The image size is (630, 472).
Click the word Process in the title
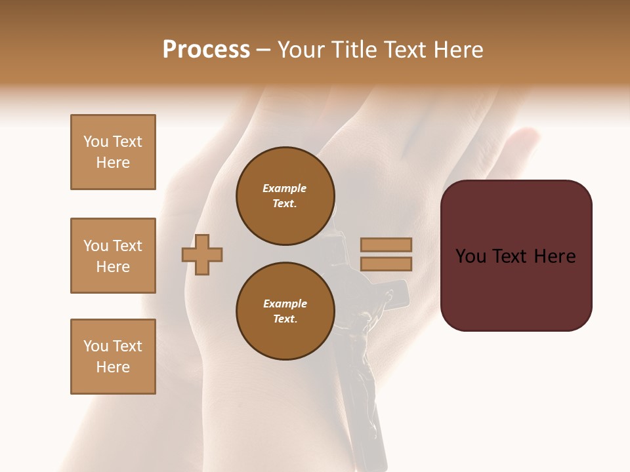(x=206, y=50)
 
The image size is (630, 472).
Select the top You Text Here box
(x=113, y=152)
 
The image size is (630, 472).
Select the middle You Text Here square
(x=113, y=256)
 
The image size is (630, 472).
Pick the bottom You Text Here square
(x=113, y=357)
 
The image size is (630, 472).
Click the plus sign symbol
(x=202, y=254)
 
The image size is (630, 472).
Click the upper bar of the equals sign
(x=386, y=245)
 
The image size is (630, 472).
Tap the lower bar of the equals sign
(x=386, y=264)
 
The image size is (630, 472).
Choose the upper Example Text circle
(x=285, y=196)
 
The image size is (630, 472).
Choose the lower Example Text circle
(x=285, y=311)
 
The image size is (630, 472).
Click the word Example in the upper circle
(x=285, y=189)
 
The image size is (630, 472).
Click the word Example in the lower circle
(x=285, y=304)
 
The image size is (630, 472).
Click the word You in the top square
(x=96, y=142)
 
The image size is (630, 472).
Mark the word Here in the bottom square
(x=113, y=367)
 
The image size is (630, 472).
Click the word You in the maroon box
(x=471, y=256)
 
